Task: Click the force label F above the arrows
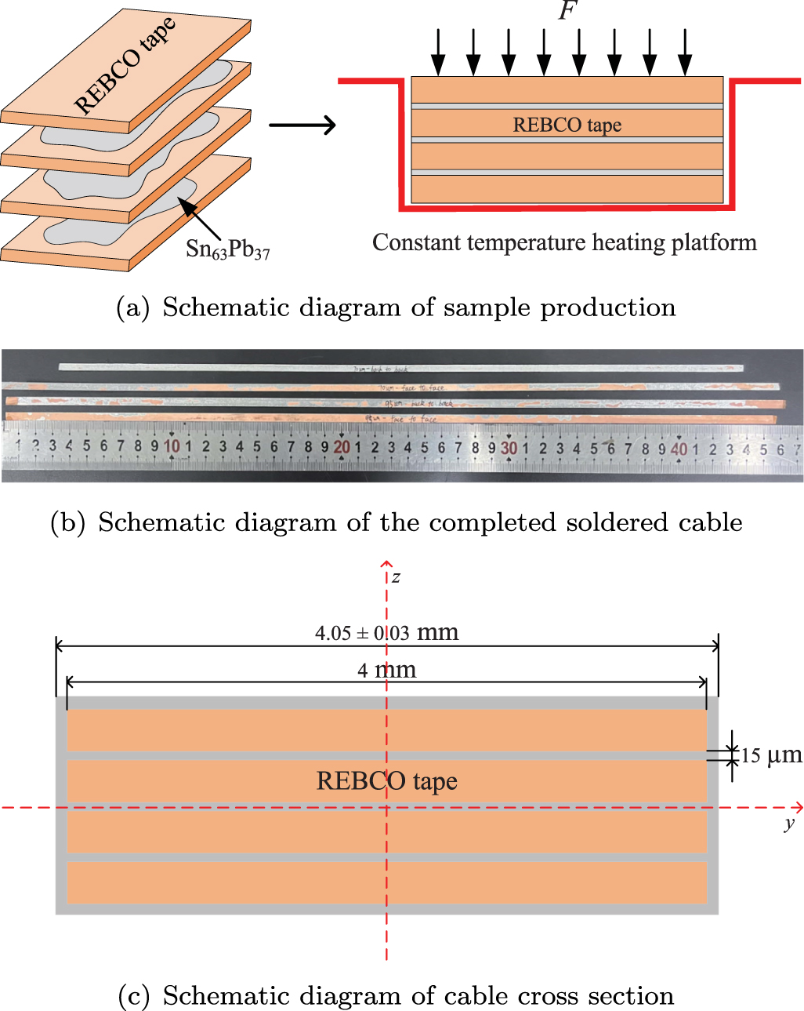click(567, 12)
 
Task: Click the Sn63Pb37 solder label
click(227, 249)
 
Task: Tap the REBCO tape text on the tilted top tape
click(125, 67)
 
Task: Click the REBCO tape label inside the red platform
click(567, 125)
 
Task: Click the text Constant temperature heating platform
click(564, 242)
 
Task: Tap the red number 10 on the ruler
click(172, 446)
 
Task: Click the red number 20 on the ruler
click(342, 447)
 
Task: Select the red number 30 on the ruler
click(509, 448)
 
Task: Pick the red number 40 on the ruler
click(679, 449)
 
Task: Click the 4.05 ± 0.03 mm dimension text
click(386, 632)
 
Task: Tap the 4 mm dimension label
click(386, 670)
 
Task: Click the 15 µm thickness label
click(771, 755)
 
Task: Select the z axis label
click(397, 577)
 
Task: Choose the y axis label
click(788, 823)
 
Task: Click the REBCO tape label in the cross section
click(386, 781)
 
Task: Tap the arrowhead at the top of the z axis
click(386, 563)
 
